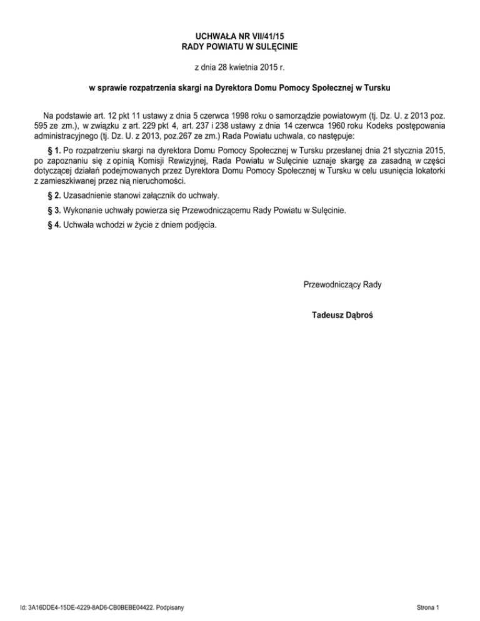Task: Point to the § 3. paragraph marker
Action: [x=53, y=211]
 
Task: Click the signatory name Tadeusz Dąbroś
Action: [x=342, y=315]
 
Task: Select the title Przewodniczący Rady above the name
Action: [x=342, y=285]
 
